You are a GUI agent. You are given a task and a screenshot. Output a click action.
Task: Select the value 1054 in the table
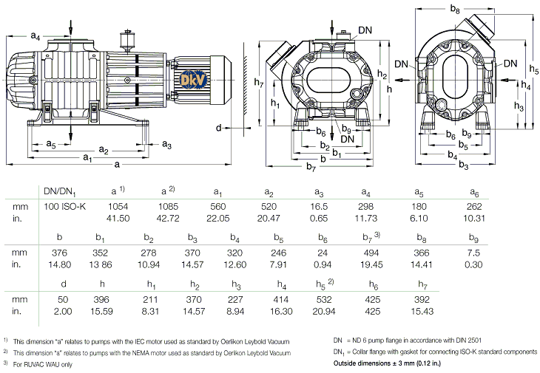coord(119,206)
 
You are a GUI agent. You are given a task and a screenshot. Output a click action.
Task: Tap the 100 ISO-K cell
coord(65,206)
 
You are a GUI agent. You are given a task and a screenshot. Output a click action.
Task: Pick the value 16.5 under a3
coord(323,206)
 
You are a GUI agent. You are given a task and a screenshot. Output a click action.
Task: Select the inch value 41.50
coord(119,219)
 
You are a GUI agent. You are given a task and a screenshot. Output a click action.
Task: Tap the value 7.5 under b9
coord(474,252)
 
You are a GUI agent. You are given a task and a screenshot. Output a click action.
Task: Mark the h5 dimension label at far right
coord(534,69)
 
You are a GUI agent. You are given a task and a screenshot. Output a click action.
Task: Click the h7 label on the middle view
coord(257,82)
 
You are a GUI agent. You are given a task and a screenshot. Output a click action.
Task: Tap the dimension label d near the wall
coord(219,128)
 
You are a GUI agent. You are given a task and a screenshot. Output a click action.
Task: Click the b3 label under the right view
coord(464,165)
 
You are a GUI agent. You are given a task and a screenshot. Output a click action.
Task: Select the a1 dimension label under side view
coord(87,157)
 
